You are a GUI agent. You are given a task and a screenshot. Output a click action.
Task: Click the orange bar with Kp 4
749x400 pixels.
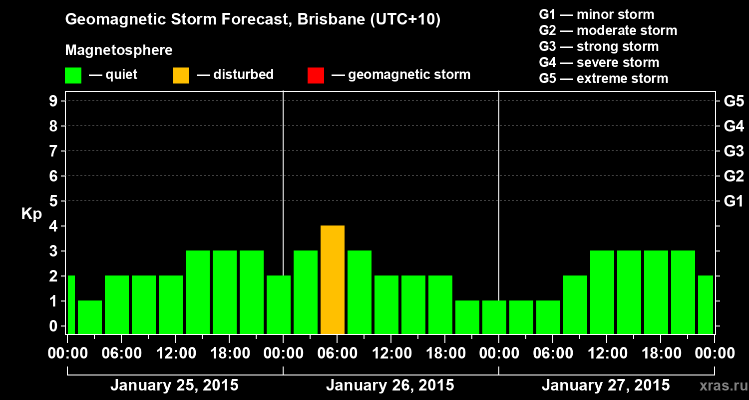[x=333, y=279]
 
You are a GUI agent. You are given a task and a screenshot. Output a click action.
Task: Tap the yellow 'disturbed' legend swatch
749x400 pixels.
[x=181, y=75]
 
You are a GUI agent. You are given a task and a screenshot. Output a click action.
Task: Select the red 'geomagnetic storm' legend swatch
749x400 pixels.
[x=316, y=75]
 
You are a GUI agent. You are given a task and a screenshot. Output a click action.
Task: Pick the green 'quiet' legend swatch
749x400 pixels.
[x=73, y=75]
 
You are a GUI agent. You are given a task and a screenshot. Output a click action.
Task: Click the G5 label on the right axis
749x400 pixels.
[x=734, y=101]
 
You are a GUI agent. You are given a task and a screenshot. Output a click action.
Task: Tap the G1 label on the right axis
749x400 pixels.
[x=734, y=201]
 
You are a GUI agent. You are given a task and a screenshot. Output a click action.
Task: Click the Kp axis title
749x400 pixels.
[x=31, y=214]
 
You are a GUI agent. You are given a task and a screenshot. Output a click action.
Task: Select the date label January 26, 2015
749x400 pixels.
[x=390, y=385]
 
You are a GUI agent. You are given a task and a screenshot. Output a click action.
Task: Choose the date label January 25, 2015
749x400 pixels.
[x=174, y=385]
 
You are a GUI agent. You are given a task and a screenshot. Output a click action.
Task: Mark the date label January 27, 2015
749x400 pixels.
[x=606, y=385]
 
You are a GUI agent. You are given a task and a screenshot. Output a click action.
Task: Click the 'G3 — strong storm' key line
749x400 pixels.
[x=599, y=46]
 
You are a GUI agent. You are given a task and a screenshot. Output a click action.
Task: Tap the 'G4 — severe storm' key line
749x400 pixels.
[x=599, y=62]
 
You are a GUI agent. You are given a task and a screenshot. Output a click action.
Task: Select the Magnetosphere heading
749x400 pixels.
[x=119, y=50]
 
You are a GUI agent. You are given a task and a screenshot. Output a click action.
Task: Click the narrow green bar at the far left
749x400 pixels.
[x=71, y=304]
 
